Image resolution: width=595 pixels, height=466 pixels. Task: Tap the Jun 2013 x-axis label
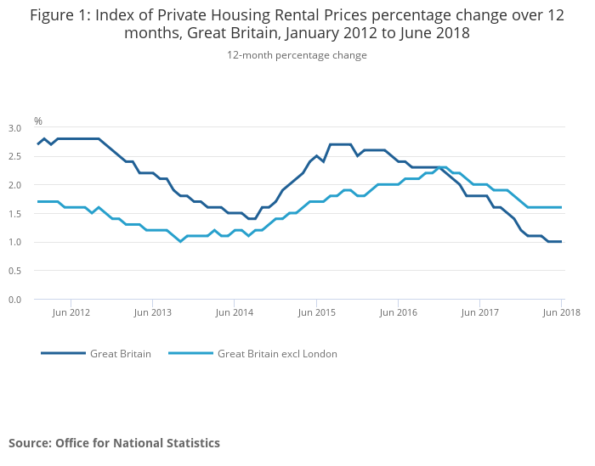tap(152, 312)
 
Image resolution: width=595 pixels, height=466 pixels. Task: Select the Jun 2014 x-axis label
tap(234, 312)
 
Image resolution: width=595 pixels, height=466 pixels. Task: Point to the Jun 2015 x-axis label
tap(316, 312)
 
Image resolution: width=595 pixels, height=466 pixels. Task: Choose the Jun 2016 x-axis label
tap(398, 312)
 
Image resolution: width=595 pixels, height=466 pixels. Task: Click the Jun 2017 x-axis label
tap(480, 312)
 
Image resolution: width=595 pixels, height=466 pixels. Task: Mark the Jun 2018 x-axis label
tap(562, 312)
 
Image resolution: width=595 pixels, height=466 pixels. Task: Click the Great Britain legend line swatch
tap(63, 354)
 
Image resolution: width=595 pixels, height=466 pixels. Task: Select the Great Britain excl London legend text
tap(277, 354)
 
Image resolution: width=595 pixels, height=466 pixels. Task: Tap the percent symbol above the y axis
tap(37, 121)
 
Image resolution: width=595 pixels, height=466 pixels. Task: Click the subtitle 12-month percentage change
tap(297, 55)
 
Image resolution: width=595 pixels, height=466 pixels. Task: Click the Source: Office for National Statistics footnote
tap(114, 443)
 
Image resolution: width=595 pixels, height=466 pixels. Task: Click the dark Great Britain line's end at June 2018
tap(561, 242)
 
